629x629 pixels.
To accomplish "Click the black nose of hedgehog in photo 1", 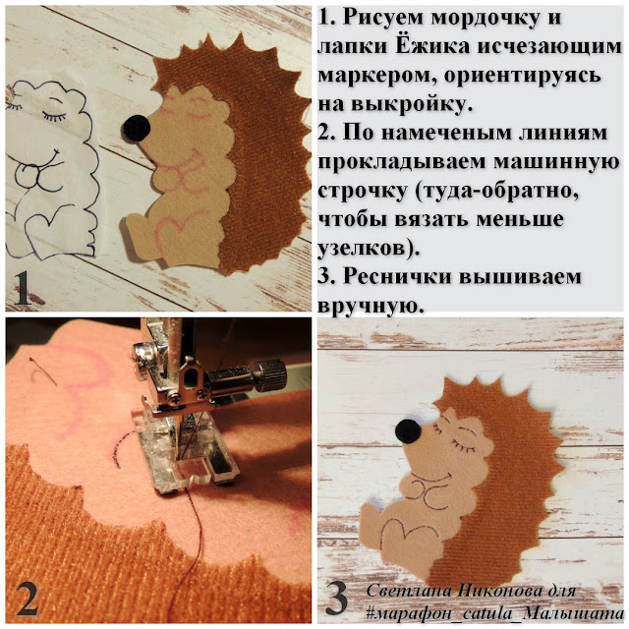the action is pos(137,128).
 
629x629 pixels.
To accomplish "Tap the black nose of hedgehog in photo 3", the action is pos(408,431).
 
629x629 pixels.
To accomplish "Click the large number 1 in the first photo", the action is pos(23,288).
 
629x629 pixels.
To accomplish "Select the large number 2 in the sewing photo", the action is pos(28,599).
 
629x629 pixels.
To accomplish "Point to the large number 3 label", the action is pos(336,598).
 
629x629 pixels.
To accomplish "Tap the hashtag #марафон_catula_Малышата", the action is pos(495,613).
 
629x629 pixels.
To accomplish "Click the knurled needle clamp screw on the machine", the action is pos(272,374).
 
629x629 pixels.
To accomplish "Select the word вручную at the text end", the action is pos(371,307).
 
